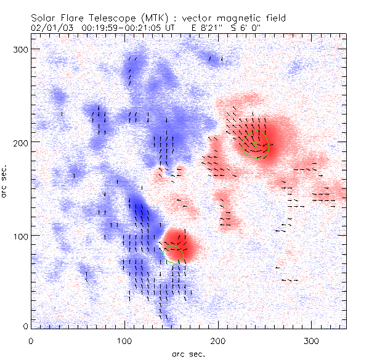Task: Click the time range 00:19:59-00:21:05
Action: pos(117,28)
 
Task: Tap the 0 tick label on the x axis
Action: pos(31,340)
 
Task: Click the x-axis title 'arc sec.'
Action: pos(188,353)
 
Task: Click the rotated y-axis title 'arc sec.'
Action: pos(5,182)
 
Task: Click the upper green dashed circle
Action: pos(256,144)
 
